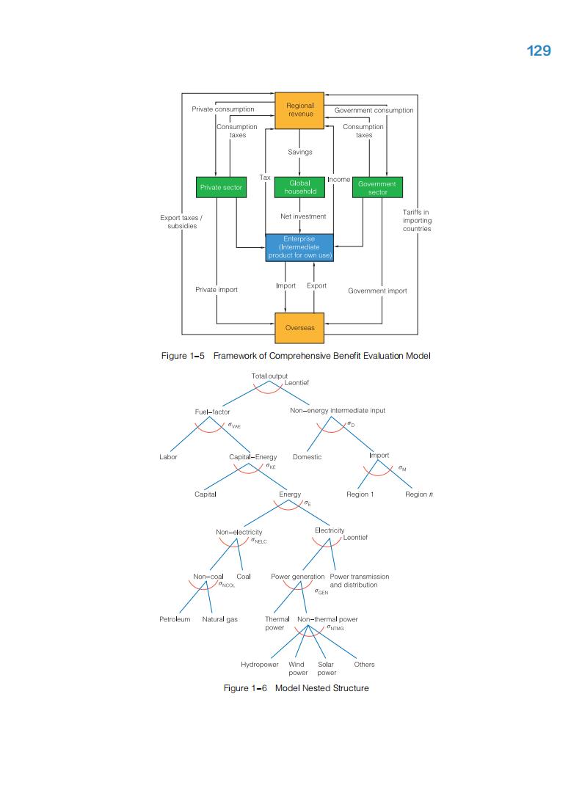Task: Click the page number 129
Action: pyautogui.click(x=539, y=51)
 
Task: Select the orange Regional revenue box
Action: pyautogui.click(x=299, y=109)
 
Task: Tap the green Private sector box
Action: pyautogui.click(x=221, y=188)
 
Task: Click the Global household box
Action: pyautogui.click(x=299, y=187)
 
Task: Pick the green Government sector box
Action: pyautogui.click(x=377, y=188)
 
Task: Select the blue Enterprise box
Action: pyautogui.click(x=299, y=247)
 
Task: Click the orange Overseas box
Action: pyautogui.click(x=299, y=328)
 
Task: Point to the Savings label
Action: pyautogui.click(x=299, y=152)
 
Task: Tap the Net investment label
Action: pyautogui.click(x=303, y=216)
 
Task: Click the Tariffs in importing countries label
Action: pyautogui.click(x=416, y=220)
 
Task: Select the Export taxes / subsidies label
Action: pyautogui.click(x=181, y=222)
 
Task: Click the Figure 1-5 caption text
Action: pyautogui.click(x=295, y=356)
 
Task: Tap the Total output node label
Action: pyautogui.click(x=269, y=376)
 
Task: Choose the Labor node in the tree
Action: pyautogui.click(x=168, y=456)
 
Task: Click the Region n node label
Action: pyautogui.click(x=419, y=494)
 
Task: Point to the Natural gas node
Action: pyautogui.click(x=219, y=619)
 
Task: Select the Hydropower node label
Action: pyautogui.click(x=259, y=665)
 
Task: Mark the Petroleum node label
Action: pyautogui.click(x=175, y=619)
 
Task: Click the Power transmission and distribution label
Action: pyautogui.click(x=360, y=580)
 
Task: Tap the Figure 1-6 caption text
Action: pyautogui.click(x=296, y=688)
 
